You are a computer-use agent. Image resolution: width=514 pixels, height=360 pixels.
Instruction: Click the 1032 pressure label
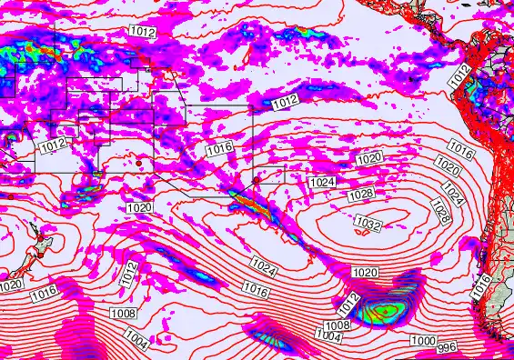(x=368, y=224)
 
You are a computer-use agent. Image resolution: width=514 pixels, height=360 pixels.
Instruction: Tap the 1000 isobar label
(x=421, y=340)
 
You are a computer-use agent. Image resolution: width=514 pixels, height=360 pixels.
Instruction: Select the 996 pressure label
(x=447, y=348)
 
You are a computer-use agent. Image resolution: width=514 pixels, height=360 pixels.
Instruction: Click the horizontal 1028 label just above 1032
(x=361, y=195)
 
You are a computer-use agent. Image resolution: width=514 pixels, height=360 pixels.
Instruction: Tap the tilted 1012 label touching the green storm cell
(x=349, y=305)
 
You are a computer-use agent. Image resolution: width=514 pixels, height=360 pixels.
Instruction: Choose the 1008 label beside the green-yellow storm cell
(x=338, y=325)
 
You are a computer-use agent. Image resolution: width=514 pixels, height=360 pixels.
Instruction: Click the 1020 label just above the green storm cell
(x=365, y=272)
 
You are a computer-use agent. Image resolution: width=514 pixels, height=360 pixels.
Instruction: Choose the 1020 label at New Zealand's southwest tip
(x=10, y=285)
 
